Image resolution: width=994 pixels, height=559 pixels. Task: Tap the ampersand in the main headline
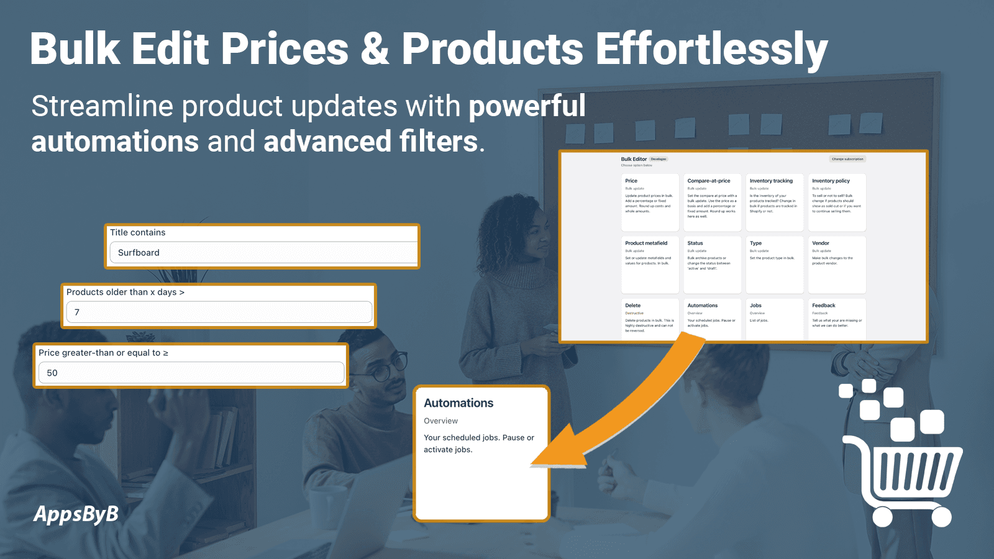[375, 50]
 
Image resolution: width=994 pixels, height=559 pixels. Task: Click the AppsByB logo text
[76, 514]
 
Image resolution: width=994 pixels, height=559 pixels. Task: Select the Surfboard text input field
[264, 253]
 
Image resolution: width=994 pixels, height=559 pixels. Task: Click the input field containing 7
[219, 312]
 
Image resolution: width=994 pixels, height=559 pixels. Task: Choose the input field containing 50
[191, 373]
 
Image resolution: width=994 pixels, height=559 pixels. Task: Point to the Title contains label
[138, 232]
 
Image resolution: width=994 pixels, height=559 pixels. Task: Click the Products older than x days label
[125, 292]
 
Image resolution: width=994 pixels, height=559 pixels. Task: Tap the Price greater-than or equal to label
[103, 353]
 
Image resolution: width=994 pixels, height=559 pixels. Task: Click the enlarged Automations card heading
[458, 403]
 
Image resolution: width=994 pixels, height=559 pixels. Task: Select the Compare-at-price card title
[709, 181]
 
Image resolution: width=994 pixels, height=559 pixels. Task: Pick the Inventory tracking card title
[771, 181]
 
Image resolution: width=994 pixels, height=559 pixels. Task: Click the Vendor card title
[821, 243]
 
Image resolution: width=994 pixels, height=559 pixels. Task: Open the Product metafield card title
[646, 243]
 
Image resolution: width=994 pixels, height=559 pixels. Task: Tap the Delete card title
[632, 306]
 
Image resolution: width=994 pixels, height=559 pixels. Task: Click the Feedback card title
[823, 306]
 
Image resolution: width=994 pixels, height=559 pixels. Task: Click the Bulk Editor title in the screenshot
[634, 159]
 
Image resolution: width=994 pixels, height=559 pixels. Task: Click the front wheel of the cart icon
[882, 516]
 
